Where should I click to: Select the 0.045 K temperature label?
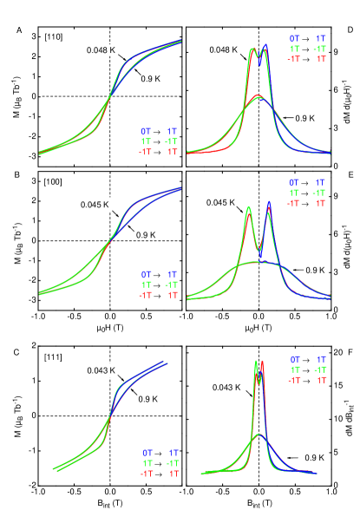(x=93, y=205)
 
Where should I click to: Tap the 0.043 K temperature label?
(x=100, y=370)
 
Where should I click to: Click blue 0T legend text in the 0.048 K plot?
(x=145, y=132)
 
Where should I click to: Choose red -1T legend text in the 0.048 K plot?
(x=145, y=152)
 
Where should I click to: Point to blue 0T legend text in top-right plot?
(x=294, y=39)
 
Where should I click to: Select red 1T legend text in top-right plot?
(x=321, y=59)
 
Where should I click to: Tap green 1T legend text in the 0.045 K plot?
(x=146, y=284)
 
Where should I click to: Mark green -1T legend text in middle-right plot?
(x=321, y=193)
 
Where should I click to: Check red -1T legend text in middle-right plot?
(x=294, y=203)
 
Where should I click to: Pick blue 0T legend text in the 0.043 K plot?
(x=147, y=453)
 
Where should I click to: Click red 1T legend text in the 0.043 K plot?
(x=173, y=474)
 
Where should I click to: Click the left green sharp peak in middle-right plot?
(x=249, y=208)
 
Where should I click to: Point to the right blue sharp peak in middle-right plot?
(x=269, y=205)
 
